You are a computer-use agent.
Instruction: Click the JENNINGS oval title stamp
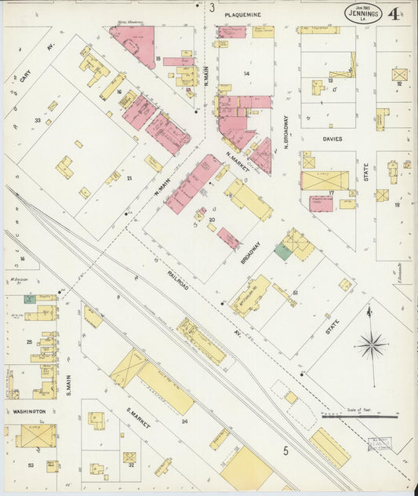coord(362,13)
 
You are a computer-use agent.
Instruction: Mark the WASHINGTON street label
coord(28,410)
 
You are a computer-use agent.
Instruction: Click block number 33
coord(37,120)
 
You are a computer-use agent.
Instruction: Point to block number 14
coord(245,73)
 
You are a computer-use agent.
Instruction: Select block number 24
coord(185,421)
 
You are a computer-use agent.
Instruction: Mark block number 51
coord(295,293)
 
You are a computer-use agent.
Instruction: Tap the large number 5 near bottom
coord(286,450)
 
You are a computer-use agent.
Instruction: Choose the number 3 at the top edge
coord(212,7)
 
